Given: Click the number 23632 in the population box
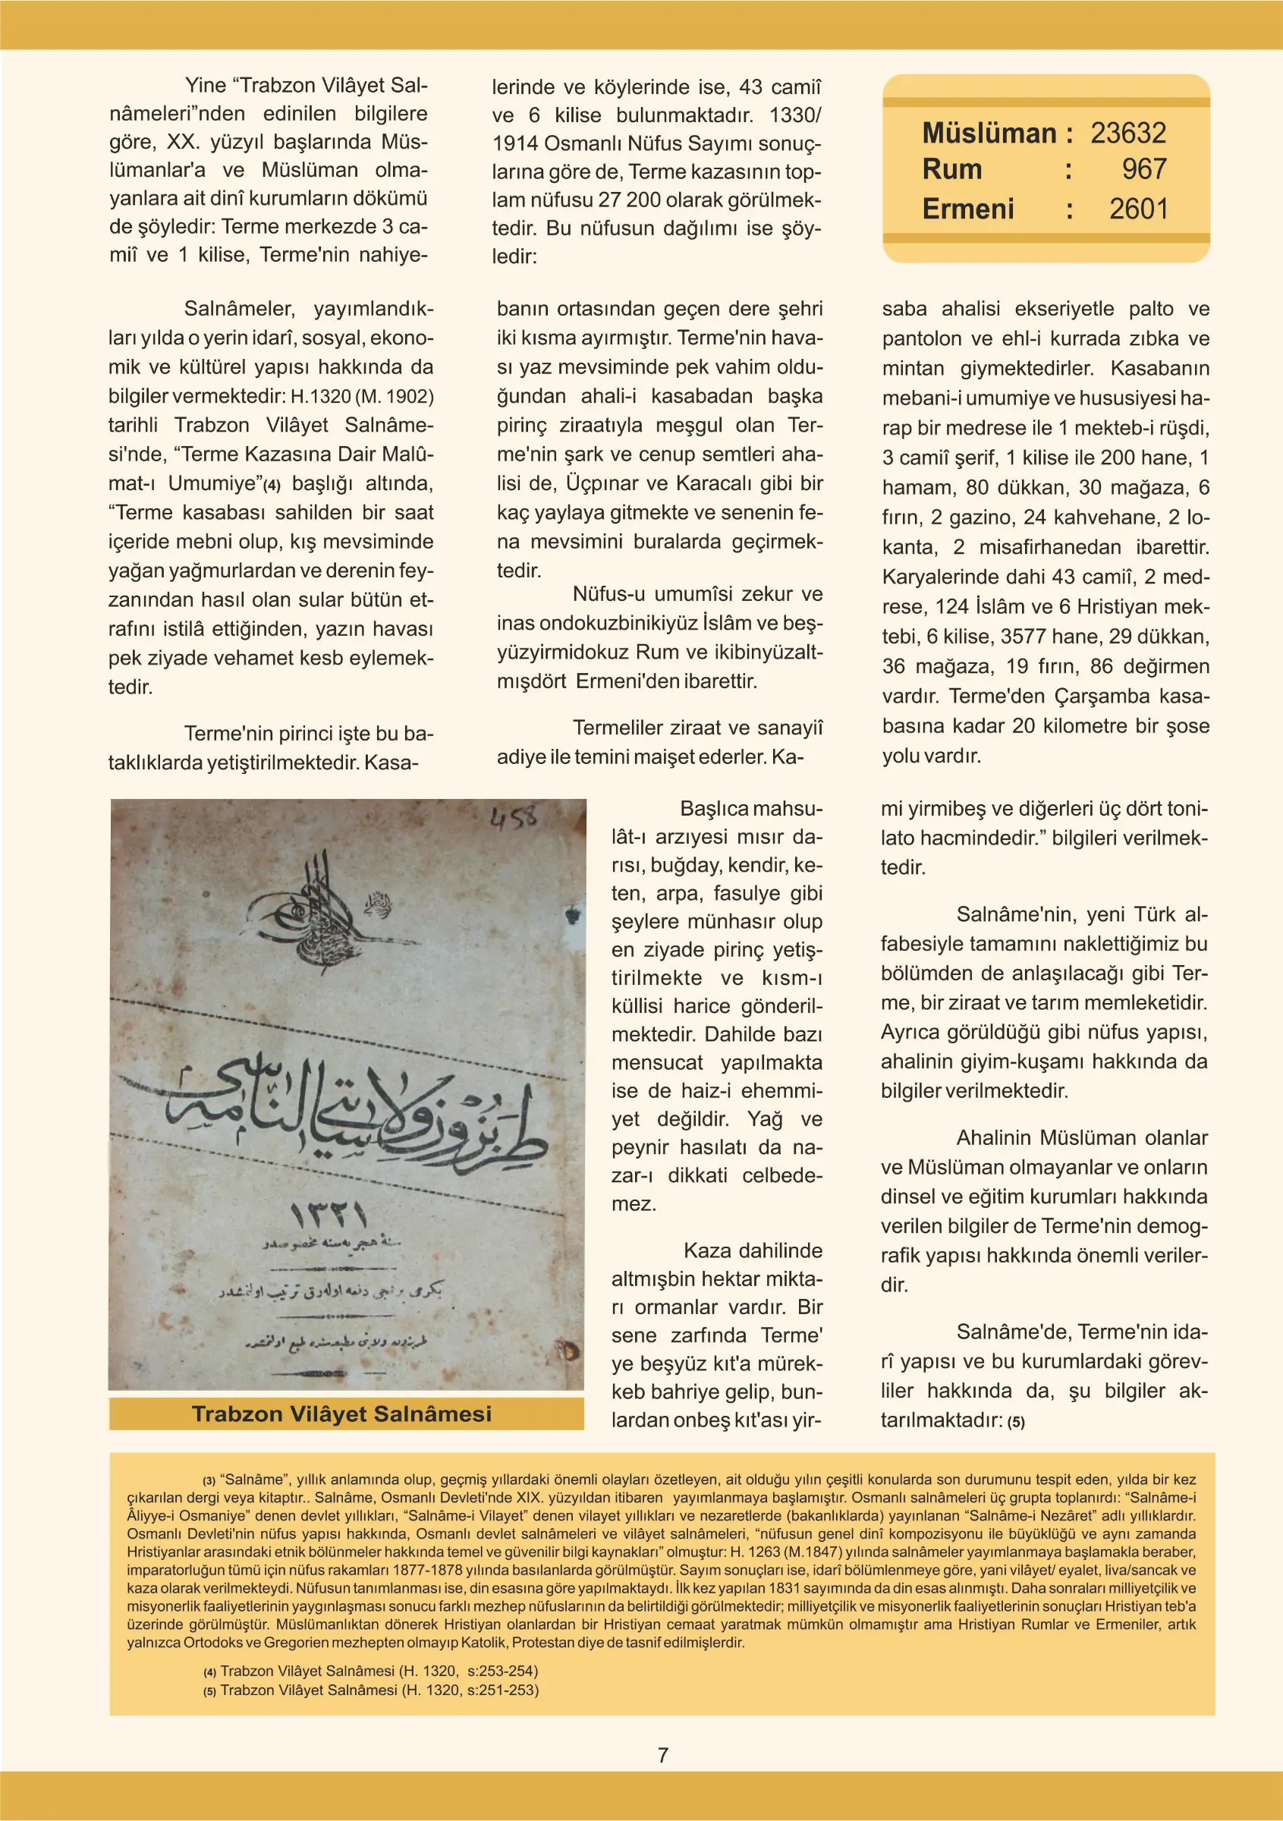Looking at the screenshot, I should (x=1127, y=134).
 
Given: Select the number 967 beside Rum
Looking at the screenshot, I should (x=1143, y=169).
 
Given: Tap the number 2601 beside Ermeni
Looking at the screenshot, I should (x=1138, y=209).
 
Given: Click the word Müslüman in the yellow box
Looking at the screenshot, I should (x=989, y=134).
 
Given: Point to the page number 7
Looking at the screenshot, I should (x=663, y=1754).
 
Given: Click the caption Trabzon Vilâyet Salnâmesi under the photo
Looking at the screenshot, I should (x=341, y=1414).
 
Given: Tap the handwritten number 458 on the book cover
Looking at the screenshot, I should (x=514, y=818).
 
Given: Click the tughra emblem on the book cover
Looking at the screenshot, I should (x=317, y=912).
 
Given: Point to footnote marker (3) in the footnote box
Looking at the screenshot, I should (x=209, y=1480).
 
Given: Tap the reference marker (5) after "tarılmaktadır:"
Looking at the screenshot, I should (x=1016, y=1422).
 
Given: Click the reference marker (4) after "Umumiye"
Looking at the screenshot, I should (x=272, y=485).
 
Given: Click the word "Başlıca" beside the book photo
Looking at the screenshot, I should (x=714, y=808).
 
